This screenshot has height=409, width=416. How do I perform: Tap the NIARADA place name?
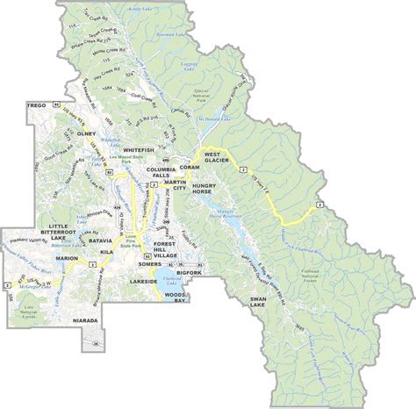pyautogui.click(x=89, y=322)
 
